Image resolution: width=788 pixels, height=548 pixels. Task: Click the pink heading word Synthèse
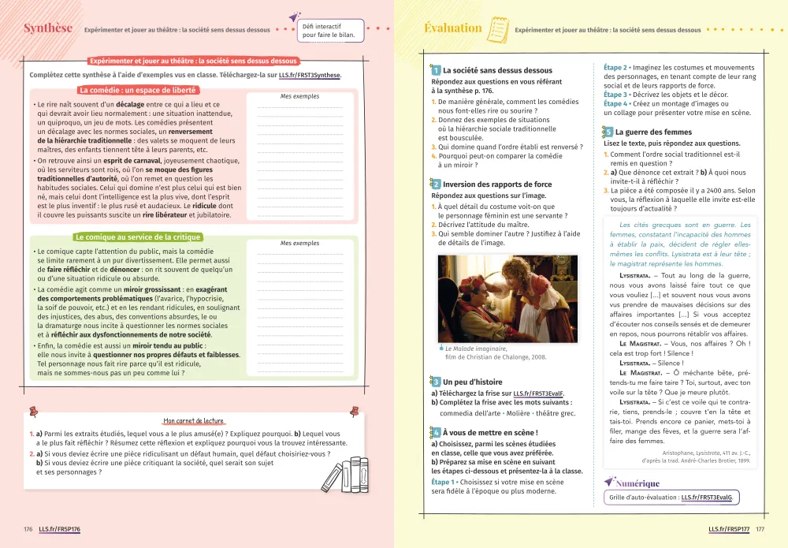48,28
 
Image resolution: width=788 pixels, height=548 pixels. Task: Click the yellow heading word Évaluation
453,28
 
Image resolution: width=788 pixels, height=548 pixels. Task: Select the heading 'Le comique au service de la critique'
138,237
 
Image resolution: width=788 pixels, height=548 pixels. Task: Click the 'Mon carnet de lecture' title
193,421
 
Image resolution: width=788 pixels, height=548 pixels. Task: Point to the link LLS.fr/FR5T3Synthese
310,75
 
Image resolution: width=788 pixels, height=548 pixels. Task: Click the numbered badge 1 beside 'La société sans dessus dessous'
436,71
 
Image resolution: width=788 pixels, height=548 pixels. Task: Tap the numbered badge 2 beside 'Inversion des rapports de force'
436,185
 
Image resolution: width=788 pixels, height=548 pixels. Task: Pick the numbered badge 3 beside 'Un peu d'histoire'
436,382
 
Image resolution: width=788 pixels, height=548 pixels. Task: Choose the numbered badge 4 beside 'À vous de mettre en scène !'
436,432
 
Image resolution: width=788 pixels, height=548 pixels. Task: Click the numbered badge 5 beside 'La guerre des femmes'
608,132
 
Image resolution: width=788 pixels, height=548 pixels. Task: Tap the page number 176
28,528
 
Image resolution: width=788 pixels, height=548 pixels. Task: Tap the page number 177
760,528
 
